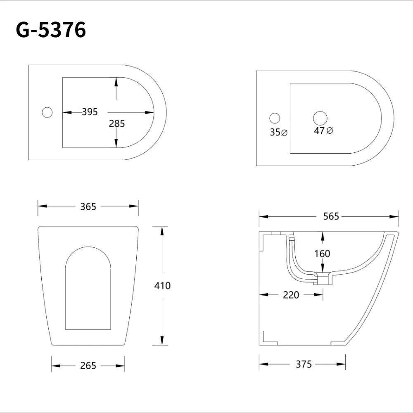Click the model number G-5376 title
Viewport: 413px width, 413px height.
(x=51, y=30)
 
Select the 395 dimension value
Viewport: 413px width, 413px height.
(x=90, y=112)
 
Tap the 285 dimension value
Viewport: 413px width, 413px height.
(x=117, y=123)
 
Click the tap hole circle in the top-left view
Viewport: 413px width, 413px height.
(x=47, y=112)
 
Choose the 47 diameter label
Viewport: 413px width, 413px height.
(x=323, y=131)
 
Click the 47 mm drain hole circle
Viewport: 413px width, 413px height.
(x=320, y=118)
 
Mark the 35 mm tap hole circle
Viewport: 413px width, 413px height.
(x=275, y=118)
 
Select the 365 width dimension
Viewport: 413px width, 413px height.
(x=88, y=206)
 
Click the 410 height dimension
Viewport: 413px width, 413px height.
(x=162, y=285)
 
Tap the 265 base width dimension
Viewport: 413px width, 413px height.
(x=88, y=366)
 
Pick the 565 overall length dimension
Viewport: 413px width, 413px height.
(x=331, y=216)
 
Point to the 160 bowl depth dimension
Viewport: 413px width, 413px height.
(x=322, y=253)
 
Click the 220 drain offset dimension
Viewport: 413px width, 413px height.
(x=291, y=295)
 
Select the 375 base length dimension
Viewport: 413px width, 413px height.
(x=304, y=364)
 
